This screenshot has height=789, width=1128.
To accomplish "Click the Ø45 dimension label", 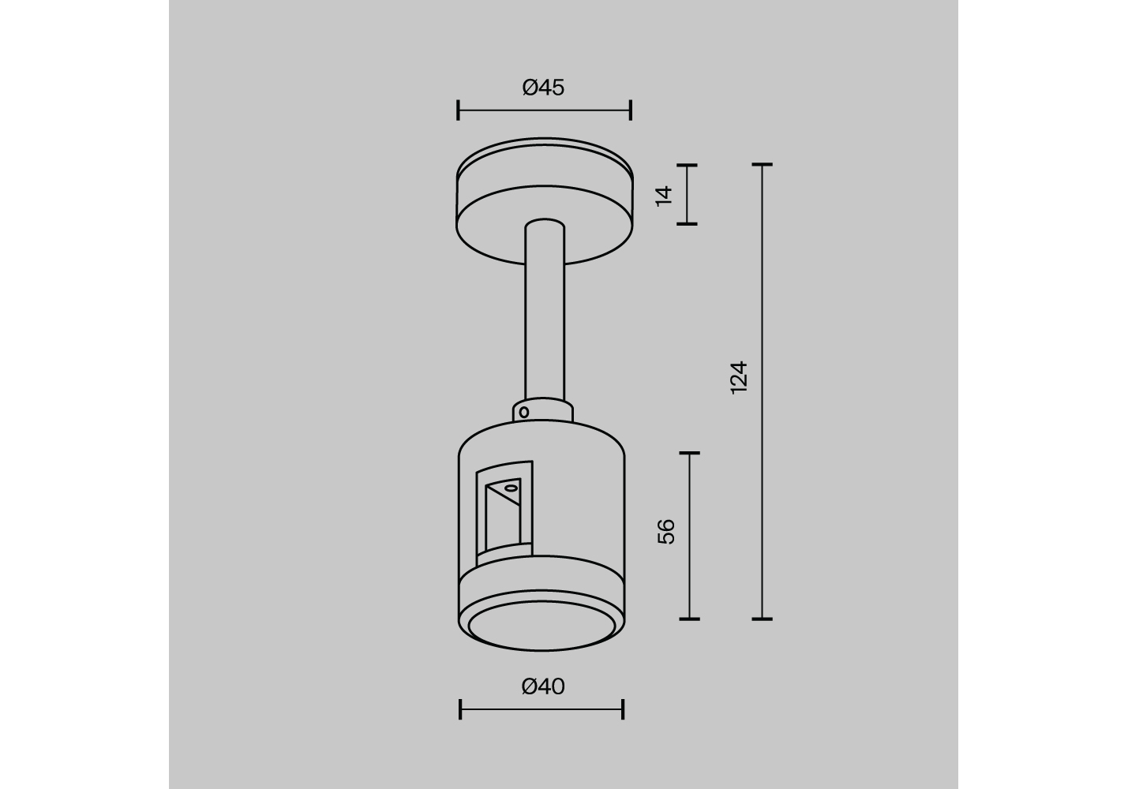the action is pyautogui.click(x=543, y=88).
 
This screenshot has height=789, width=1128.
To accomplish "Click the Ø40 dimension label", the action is pyautogui.click(x=543, y=686).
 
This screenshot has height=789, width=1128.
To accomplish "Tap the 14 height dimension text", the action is pyautogui.click(x=664, y=196).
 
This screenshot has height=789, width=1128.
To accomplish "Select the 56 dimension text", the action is pyautogui.click(x=666, y=531).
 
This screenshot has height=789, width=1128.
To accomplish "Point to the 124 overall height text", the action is pyautogui.click(x=740, y=377).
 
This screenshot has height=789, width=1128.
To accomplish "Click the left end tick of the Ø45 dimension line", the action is pyautogui.click(x=458, y=110).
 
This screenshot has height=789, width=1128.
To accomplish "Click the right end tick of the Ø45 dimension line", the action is pyautogui.click(x=631, y=110).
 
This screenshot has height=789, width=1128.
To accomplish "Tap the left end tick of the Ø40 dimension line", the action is pyautogui.click(x=460, y=709).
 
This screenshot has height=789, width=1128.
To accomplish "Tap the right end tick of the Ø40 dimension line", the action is pyautogui.click(x=623, y=709).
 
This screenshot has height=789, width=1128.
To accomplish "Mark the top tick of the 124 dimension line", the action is pyautogui.click(x=762, y=165).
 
